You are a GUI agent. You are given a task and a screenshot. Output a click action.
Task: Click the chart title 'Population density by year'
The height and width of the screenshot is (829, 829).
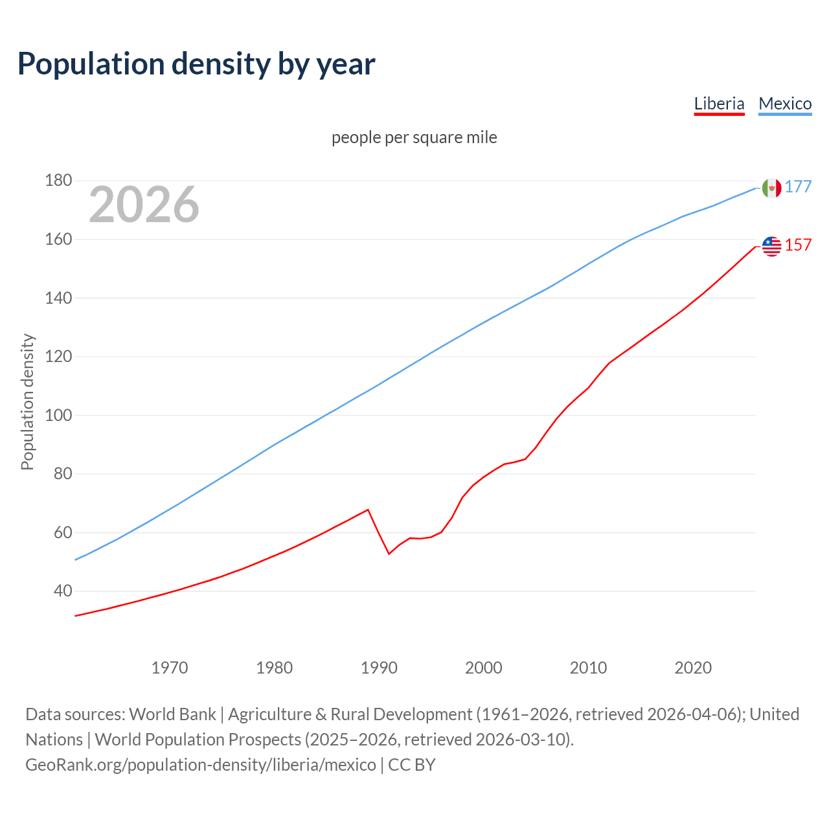[196, 64]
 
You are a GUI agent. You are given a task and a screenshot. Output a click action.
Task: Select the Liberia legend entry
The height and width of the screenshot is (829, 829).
[719, 104]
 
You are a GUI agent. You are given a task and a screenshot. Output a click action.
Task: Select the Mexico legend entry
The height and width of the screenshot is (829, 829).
[785, 104]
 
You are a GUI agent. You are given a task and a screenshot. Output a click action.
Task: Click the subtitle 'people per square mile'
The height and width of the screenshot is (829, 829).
[414, 137]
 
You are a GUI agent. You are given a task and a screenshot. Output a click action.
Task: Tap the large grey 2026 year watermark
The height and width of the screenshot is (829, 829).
[144, 205]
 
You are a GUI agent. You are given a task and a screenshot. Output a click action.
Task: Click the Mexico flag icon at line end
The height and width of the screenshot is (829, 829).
[771, 188]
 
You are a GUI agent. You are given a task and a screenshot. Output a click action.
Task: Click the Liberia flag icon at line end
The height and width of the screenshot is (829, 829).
[771, 246]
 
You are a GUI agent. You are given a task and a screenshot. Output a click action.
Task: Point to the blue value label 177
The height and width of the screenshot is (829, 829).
[798, 187]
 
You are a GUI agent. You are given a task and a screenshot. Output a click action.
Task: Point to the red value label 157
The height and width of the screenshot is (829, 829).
[798, 245]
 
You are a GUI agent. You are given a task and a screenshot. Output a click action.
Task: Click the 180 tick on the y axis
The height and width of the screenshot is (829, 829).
[58, 181]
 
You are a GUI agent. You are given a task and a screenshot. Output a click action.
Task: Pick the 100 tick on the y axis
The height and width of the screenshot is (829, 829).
[58, 415]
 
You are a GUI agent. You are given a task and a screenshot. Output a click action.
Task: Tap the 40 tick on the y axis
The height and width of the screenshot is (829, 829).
[63, 591]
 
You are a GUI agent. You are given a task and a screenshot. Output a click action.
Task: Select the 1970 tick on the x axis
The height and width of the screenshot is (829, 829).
[170, 668]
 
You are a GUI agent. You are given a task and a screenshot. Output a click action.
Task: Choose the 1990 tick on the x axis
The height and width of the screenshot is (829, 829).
[379, 668]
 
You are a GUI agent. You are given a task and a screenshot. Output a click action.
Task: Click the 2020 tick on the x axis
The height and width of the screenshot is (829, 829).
[693, 668]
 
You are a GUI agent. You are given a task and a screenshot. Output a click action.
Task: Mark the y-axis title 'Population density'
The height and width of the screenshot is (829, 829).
[27, 402]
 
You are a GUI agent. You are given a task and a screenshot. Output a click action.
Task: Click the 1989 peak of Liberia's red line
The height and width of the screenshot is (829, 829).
[368, 510]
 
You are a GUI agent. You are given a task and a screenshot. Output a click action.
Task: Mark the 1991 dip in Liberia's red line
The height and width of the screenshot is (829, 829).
[389, 554]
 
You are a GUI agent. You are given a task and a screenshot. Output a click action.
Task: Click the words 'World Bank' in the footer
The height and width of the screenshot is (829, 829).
[172, 714]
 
